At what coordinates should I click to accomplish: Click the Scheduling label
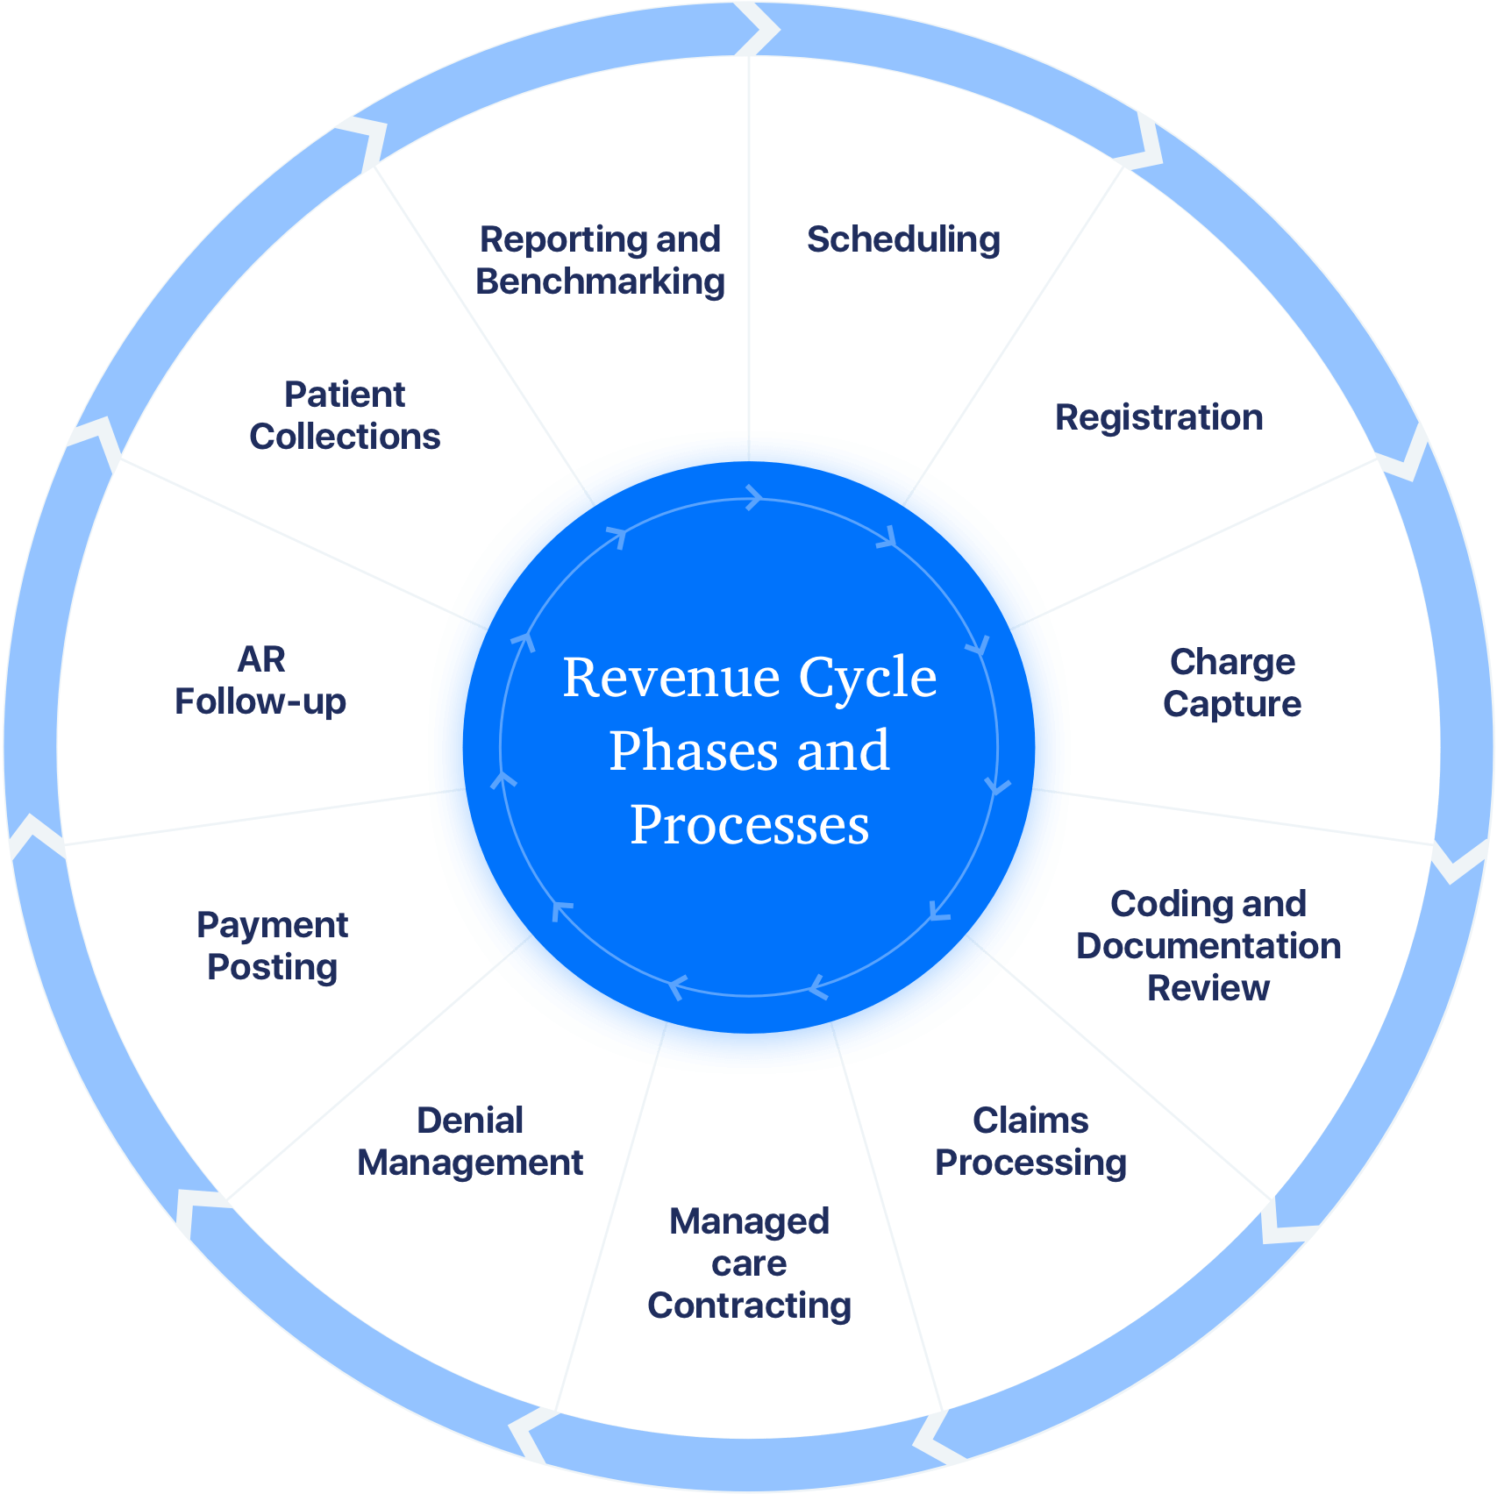coord(903,239)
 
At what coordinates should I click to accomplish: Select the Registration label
coord(1158,417)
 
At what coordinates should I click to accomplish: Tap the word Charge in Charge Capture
coord(1232,662)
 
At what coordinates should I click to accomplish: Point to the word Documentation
coord(1208,946)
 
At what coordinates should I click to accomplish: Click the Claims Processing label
coord(1030,1142)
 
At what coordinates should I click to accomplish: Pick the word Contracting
coord(749,1305)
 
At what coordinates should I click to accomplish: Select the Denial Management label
coord(470,1142)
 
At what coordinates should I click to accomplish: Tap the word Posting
coord(272,967)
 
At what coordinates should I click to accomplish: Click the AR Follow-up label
coord(260,680)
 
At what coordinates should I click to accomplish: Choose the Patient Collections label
coord(345,416)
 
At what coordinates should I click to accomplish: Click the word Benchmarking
coord(600,281)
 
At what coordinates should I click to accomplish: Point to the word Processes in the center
coord(749,825)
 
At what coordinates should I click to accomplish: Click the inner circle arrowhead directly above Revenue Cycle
coord(753,498)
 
